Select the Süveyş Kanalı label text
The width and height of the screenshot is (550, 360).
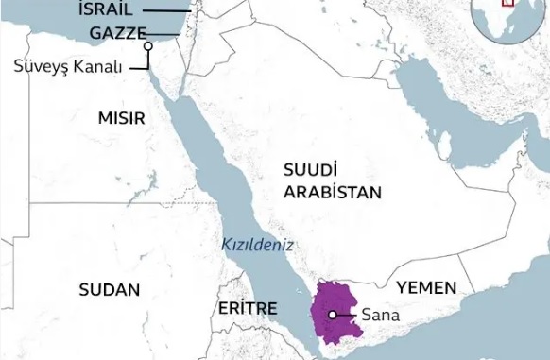point(69,66)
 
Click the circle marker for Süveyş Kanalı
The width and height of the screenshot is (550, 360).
point(148,44)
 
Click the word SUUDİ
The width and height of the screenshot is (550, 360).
point(309,170)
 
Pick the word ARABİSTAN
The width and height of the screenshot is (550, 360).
point(330,192)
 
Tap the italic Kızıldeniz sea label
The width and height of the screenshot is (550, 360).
point(257,244)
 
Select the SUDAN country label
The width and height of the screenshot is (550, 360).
point(109,288)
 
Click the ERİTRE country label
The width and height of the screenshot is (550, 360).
point(248,309)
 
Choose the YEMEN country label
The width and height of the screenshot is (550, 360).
point(426,287)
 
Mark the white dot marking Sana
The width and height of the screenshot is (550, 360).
point(333,315)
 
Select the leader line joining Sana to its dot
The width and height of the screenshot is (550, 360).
point(347,315)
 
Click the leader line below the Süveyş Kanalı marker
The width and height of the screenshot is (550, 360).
point(148,59)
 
